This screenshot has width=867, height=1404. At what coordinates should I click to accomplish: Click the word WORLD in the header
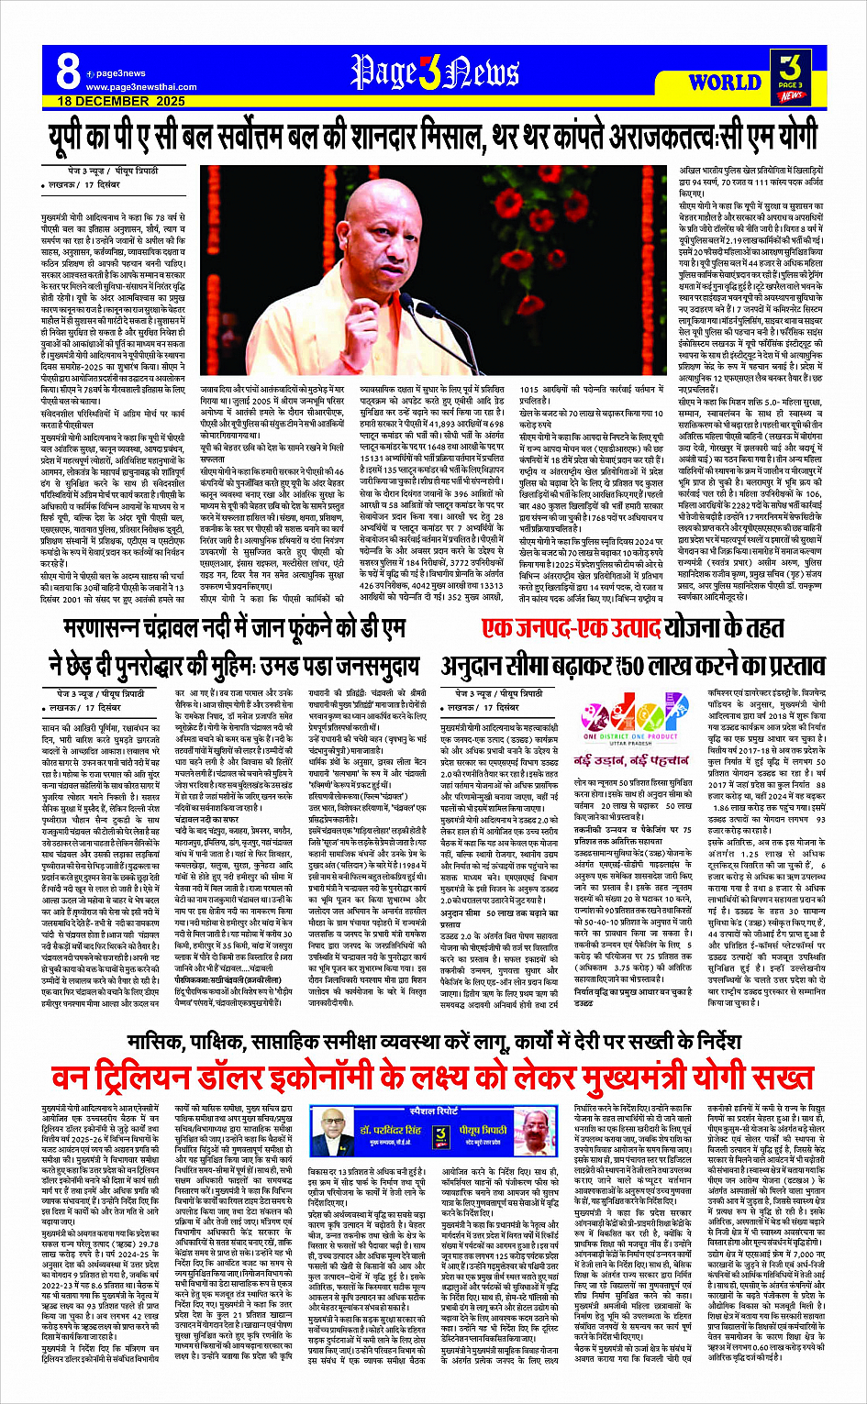(724, 82)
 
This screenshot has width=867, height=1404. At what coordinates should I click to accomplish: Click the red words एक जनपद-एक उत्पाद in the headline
(570, 628)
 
